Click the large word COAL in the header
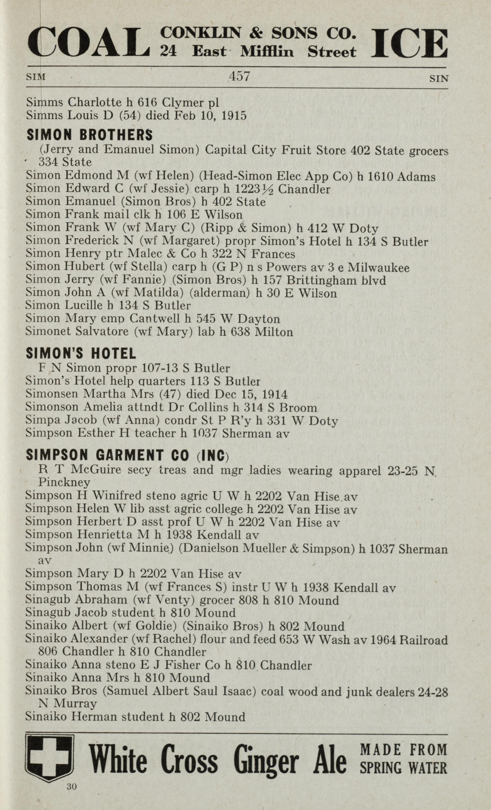pyautogui.click(x=88, y=43)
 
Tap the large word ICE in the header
pyautogui.click(x=410, y=43)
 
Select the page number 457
pyautogui.click(x=239, y=77)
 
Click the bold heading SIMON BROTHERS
pyautogui.click(x=89, y=135)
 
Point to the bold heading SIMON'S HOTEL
pyautogui.click(x=80, y=354)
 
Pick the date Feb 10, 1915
pyautogui.click(x=212, y=116)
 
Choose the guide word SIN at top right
pyautogui.click(x=439, y=79)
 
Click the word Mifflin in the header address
pyautogui.click(x=267, y=52)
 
